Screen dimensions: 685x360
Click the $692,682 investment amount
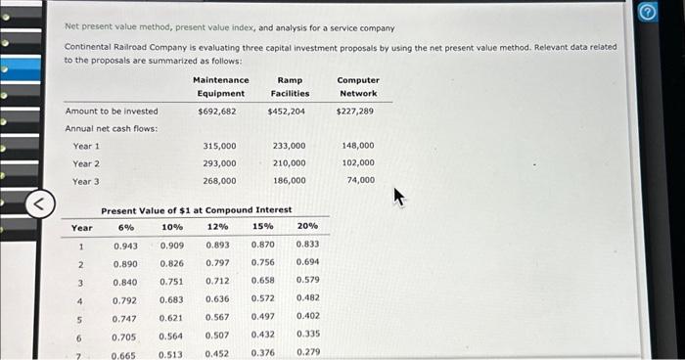pos(216,112)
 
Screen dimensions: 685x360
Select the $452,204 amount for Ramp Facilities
pos(286,112)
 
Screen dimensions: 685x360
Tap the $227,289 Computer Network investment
pos(354,112)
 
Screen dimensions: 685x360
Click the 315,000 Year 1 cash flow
pos(219,146)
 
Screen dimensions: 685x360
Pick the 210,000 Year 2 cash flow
pos(289,163)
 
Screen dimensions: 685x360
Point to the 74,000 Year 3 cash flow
pos(360,181)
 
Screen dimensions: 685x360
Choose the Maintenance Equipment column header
pos(220,86)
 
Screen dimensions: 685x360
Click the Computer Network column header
pos(358,86)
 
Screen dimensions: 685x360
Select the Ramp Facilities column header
pos(290,86)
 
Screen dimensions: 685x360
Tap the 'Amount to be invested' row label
pos(111,112)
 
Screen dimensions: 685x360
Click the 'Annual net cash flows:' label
pos(111,129)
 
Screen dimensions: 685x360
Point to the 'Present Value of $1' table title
pos(196,210)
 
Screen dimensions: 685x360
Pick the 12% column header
pos(217,227)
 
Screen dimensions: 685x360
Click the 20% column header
pos(307,227)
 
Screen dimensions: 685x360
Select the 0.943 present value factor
pos(125,245)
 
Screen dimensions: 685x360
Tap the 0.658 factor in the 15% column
pos(262,281)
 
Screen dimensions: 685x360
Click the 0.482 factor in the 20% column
pos(307,298)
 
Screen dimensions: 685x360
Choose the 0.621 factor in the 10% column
pos(171,317)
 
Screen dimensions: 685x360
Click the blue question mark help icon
pos(672,13)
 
